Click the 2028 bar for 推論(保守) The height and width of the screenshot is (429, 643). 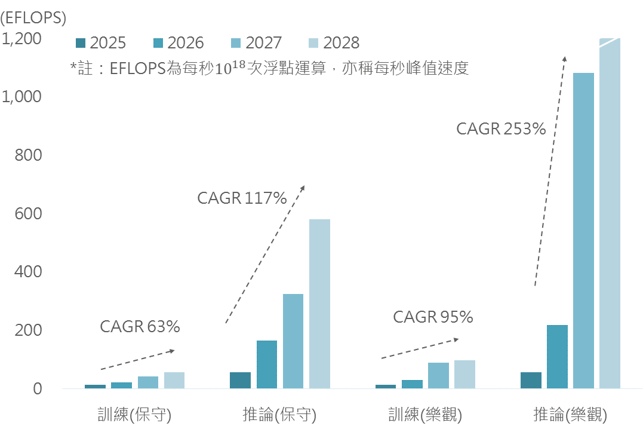319,304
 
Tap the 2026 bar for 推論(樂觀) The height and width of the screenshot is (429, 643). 557,357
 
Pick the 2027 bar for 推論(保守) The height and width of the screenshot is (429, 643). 293,341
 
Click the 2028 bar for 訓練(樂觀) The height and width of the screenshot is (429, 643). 464,375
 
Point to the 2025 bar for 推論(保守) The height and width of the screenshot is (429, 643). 241,381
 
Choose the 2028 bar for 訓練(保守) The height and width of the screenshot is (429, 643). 174,381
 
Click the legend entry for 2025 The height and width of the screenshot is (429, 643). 100,43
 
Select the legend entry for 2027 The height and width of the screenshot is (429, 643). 256,43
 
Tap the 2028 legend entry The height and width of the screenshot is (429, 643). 333,43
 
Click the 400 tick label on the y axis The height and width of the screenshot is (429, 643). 29,272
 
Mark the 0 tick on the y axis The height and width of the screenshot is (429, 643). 37,389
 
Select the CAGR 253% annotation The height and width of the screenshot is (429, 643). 501,128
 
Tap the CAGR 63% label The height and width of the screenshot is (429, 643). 140,326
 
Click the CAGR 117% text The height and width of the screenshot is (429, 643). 242,198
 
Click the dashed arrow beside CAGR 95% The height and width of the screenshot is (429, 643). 420,349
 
